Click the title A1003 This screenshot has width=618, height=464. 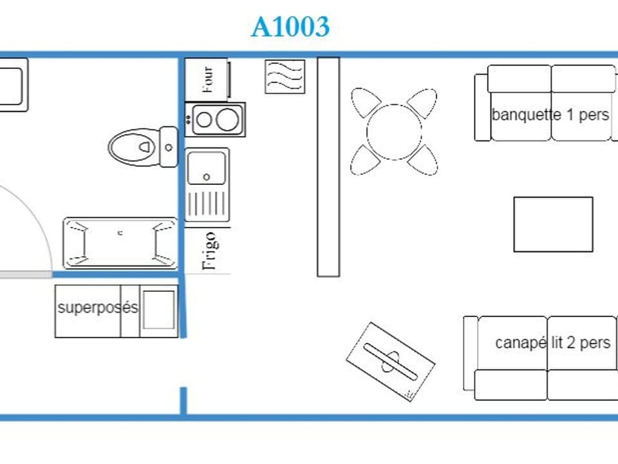pyautogui.click(x=290, y=27)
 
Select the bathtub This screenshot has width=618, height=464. pyautogui.click(x=120, y=243)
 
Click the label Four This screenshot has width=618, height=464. pyautogui.click(x=207, y=79)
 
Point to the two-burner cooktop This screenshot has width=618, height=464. pyautogui.click(x=216, y=119)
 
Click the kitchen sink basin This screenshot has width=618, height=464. pyautogui.click(x=207, y=168)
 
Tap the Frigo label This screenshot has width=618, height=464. pyautogui.click(x=209, y=251)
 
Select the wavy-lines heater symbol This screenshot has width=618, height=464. pyautogui.click(x=285, y=77)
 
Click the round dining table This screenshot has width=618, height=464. pyautogui.click(x=394, y=131)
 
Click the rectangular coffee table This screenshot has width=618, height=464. pyautogui.click(x=553, y=224)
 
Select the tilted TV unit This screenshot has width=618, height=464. pyautogui.click(x=390, y=361)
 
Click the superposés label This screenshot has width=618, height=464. pyautogui.click(x=97, y=307)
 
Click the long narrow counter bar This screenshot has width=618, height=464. pyautogui.click(x=328, y=166)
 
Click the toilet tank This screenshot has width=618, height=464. pyautogui.click(x=169, y=147)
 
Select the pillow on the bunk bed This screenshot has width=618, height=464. pyautogui.click(x=158, y=310)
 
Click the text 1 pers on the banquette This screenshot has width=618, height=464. pyautogui.click(x=587, y=115)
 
